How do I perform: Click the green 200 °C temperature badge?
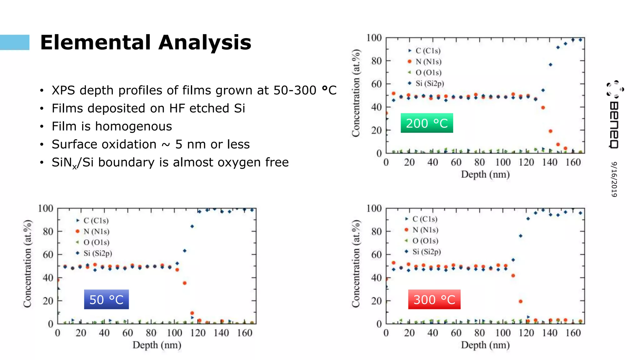point(427,123)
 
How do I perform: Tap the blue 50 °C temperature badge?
point(106,299)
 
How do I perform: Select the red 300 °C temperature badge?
point(434,299)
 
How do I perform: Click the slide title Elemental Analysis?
point(146,42)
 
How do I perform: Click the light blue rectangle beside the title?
point(14,42)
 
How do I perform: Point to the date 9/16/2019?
point(614,179)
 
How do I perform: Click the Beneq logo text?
point(614,125)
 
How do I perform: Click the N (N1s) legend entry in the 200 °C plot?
point(428,62)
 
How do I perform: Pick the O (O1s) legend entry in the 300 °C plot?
point(425,241)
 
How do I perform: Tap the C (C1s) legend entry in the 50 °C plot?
point(96,221)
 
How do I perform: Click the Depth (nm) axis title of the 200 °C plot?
point(485,174)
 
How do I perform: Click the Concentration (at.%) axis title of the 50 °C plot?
point(27,263)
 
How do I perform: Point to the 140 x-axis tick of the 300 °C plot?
point(550,333)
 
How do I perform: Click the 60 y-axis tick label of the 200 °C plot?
point(377,84)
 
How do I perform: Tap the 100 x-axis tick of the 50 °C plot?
point(174,333)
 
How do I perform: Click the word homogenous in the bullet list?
point(133,126)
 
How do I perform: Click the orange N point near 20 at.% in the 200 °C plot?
point(550,131)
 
